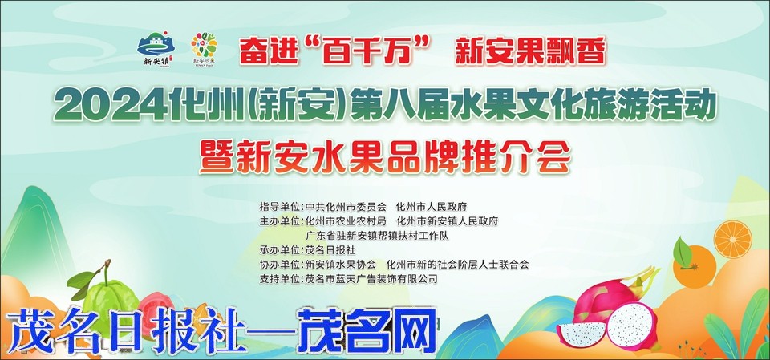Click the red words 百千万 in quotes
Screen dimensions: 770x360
click(x=375, y=51)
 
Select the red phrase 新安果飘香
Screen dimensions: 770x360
click(x=530, y=51)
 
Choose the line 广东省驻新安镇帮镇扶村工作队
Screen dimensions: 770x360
click(x=377, y=236)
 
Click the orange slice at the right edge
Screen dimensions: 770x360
click(x=732, y=239)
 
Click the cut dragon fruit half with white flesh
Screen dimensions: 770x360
click(x=632, y=326)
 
